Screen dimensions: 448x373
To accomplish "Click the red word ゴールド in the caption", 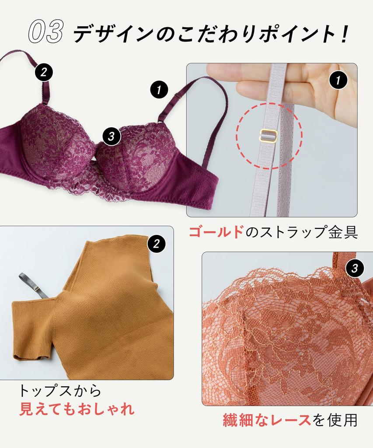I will (x=216, y=232).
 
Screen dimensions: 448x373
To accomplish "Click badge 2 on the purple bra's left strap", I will (x=43, y=72).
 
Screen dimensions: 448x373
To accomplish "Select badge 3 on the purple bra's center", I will (x=112, y=136).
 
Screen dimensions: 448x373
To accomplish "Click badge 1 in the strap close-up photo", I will (x=338, y=80).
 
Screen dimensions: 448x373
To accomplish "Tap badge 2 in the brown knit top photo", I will (x=157, y=243).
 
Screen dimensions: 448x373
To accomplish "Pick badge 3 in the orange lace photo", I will (x=355, y=268).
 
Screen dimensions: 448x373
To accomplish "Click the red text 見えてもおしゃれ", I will (x=77, y=409).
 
